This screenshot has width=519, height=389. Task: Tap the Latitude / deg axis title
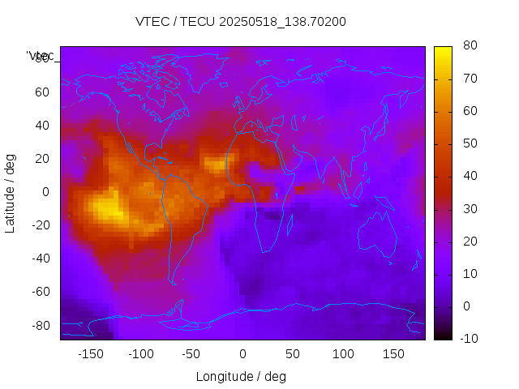(x=11, y=192)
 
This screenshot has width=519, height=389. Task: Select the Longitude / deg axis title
(x=241, y=376)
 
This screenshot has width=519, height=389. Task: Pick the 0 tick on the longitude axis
(x=242, y=354)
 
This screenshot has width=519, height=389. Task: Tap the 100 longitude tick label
(x=343, y=354)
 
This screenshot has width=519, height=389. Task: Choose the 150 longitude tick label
(x=393, y=354)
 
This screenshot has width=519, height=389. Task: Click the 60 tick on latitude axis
(x=41, y=92)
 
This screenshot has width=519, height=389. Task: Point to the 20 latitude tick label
(x=41, y=159)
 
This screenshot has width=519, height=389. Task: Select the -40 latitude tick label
(x=39, y=259)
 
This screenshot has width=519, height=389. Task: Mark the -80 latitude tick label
(x=39, y=325)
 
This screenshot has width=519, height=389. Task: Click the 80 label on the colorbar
(x=468, y=45)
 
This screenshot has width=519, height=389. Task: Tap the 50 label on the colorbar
(x=468, y=143)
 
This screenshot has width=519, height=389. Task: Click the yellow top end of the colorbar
(x=443, y=50)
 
